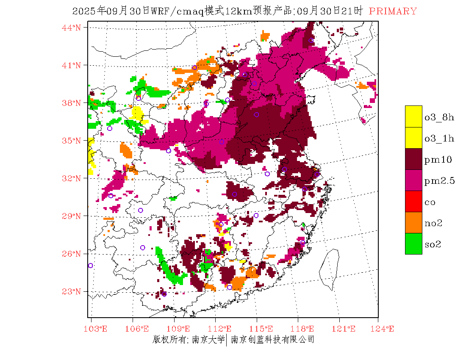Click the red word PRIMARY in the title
pyautogui.click(x=393, y=11)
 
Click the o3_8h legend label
pyautogui.click(x=439, y=117)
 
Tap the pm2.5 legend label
pyautogui.click(x=439, y=181)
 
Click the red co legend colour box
pyautogui.click(x=413, y=201)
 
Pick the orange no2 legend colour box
pyautogui.click(x=413, y=222)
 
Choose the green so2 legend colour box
pyautogui.click(x=413, y=244)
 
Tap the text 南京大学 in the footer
pyautogui.click(x=208, y=339)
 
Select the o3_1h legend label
pyautogui.click(x=439, y=138)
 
